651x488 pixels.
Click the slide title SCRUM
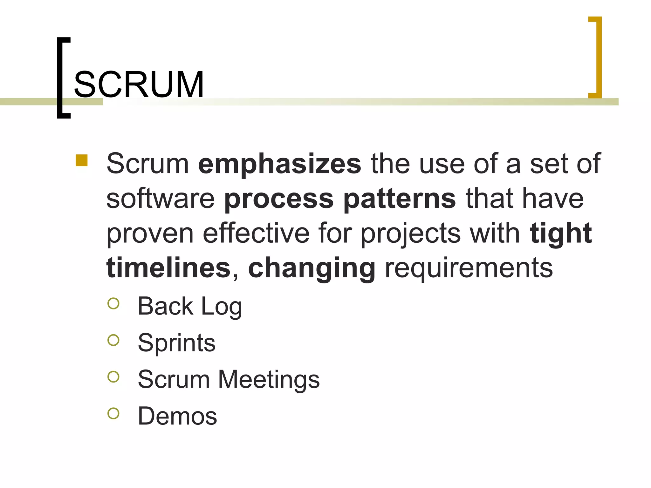[x=139, y=85]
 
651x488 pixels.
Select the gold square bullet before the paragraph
[x=82, y=160]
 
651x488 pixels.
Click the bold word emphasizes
[x=280, y=164]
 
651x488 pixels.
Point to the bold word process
[x=279, y=199]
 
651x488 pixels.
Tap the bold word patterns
[x=400, y=199]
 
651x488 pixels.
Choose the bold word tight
[x=561, y=233]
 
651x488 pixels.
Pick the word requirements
[x=469, y=268]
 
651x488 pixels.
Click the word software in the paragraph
[x=161, y=199]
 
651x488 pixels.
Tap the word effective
[x=256, y=234]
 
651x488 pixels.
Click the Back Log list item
[x=190, y=306]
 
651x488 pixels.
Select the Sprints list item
[x=177, y=343]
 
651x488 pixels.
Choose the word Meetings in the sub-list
[x=269, y=380]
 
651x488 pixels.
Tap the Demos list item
[x=177, y=416]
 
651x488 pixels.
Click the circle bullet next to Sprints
[x=113, y=340]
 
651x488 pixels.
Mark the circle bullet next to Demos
[x=113, y=413]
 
